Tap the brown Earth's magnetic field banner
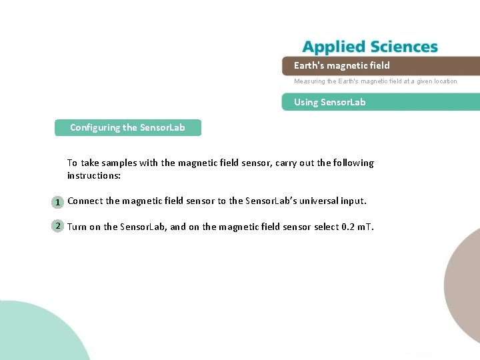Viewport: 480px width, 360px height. click(380, 65)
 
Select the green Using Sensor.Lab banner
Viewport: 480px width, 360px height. click(380, 102)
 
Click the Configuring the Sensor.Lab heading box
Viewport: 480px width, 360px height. click(127, 127)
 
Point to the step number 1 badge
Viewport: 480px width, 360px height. click(58, 202)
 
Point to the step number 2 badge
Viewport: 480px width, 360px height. click(58, 226)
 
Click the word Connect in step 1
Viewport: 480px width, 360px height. click(85, 201)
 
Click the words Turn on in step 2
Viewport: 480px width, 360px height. click(84, 227)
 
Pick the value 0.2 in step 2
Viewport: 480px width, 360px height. click(347, 227)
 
